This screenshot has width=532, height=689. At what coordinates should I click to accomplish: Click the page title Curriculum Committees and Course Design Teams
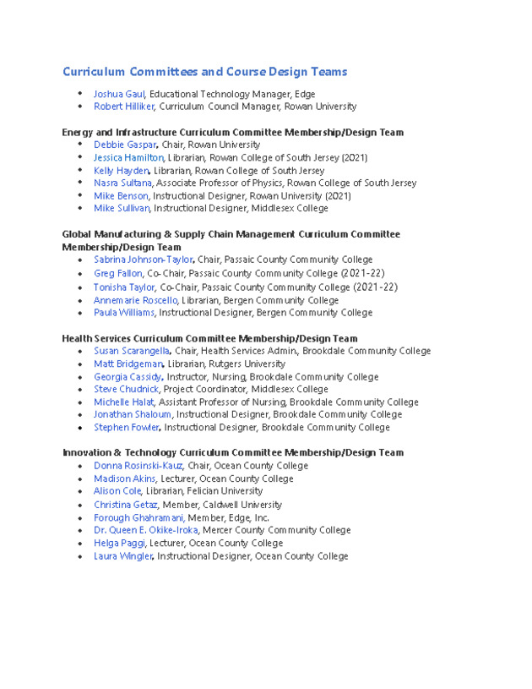(204, 72)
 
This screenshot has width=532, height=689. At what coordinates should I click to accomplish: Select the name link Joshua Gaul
(119, 94)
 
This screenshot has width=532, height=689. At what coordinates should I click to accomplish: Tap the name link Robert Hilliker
(124, 107)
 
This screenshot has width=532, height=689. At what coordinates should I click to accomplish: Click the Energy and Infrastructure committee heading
(232, 132)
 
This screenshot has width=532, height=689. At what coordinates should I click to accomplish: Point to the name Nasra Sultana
(122, 183)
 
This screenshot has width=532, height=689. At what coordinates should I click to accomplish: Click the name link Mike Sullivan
(122, 208)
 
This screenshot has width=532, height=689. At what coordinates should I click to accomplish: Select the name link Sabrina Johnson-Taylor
(143, 260)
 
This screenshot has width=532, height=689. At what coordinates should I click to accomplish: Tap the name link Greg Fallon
(117, 273)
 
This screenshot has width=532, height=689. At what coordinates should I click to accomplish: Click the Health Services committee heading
(209, 338)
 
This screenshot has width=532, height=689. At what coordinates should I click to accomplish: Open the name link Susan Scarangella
(131, 351)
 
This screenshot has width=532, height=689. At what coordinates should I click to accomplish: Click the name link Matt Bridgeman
(128, 364)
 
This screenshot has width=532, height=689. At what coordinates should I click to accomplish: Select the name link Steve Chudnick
(126, 389)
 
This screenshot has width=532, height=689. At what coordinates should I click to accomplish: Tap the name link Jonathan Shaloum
(132, 414)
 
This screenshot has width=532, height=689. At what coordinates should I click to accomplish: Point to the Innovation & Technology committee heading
(232, 452)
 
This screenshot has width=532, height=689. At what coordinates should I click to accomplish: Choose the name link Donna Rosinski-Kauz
(138, 466)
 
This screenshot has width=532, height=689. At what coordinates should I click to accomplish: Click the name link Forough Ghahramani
(138, 517)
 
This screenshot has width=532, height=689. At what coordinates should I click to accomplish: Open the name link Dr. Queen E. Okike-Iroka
(145, 530)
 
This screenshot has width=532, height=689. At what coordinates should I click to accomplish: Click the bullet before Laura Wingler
(79, 556)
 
